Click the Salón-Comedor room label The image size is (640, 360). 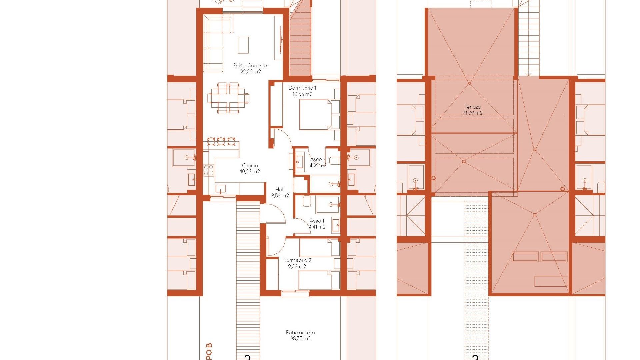251,66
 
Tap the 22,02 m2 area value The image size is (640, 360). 251,72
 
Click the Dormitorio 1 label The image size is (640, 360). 302,88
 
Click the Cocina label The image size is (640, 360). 250,166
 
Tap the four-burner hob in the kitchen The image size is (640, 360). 209,170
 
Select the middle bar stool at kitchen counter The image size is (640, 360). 221,141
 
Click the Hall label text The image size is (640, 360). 280,190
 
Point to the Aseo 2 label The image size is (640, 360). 317,159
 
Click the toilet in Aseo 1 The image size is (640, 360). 307,201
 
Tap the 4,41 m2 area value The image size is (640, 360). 317,227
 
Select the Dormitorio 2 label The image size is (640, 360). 297,260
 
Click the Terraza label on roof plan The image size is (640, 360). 472,107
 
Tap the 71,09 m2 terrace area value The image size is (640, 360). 472,113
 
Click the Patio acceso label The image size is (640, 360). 300,333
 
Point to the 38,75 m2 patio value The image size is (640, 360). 300,339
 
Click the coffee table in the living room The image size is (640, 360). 243,45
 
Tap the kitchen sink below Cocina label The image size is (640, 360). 220,189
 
